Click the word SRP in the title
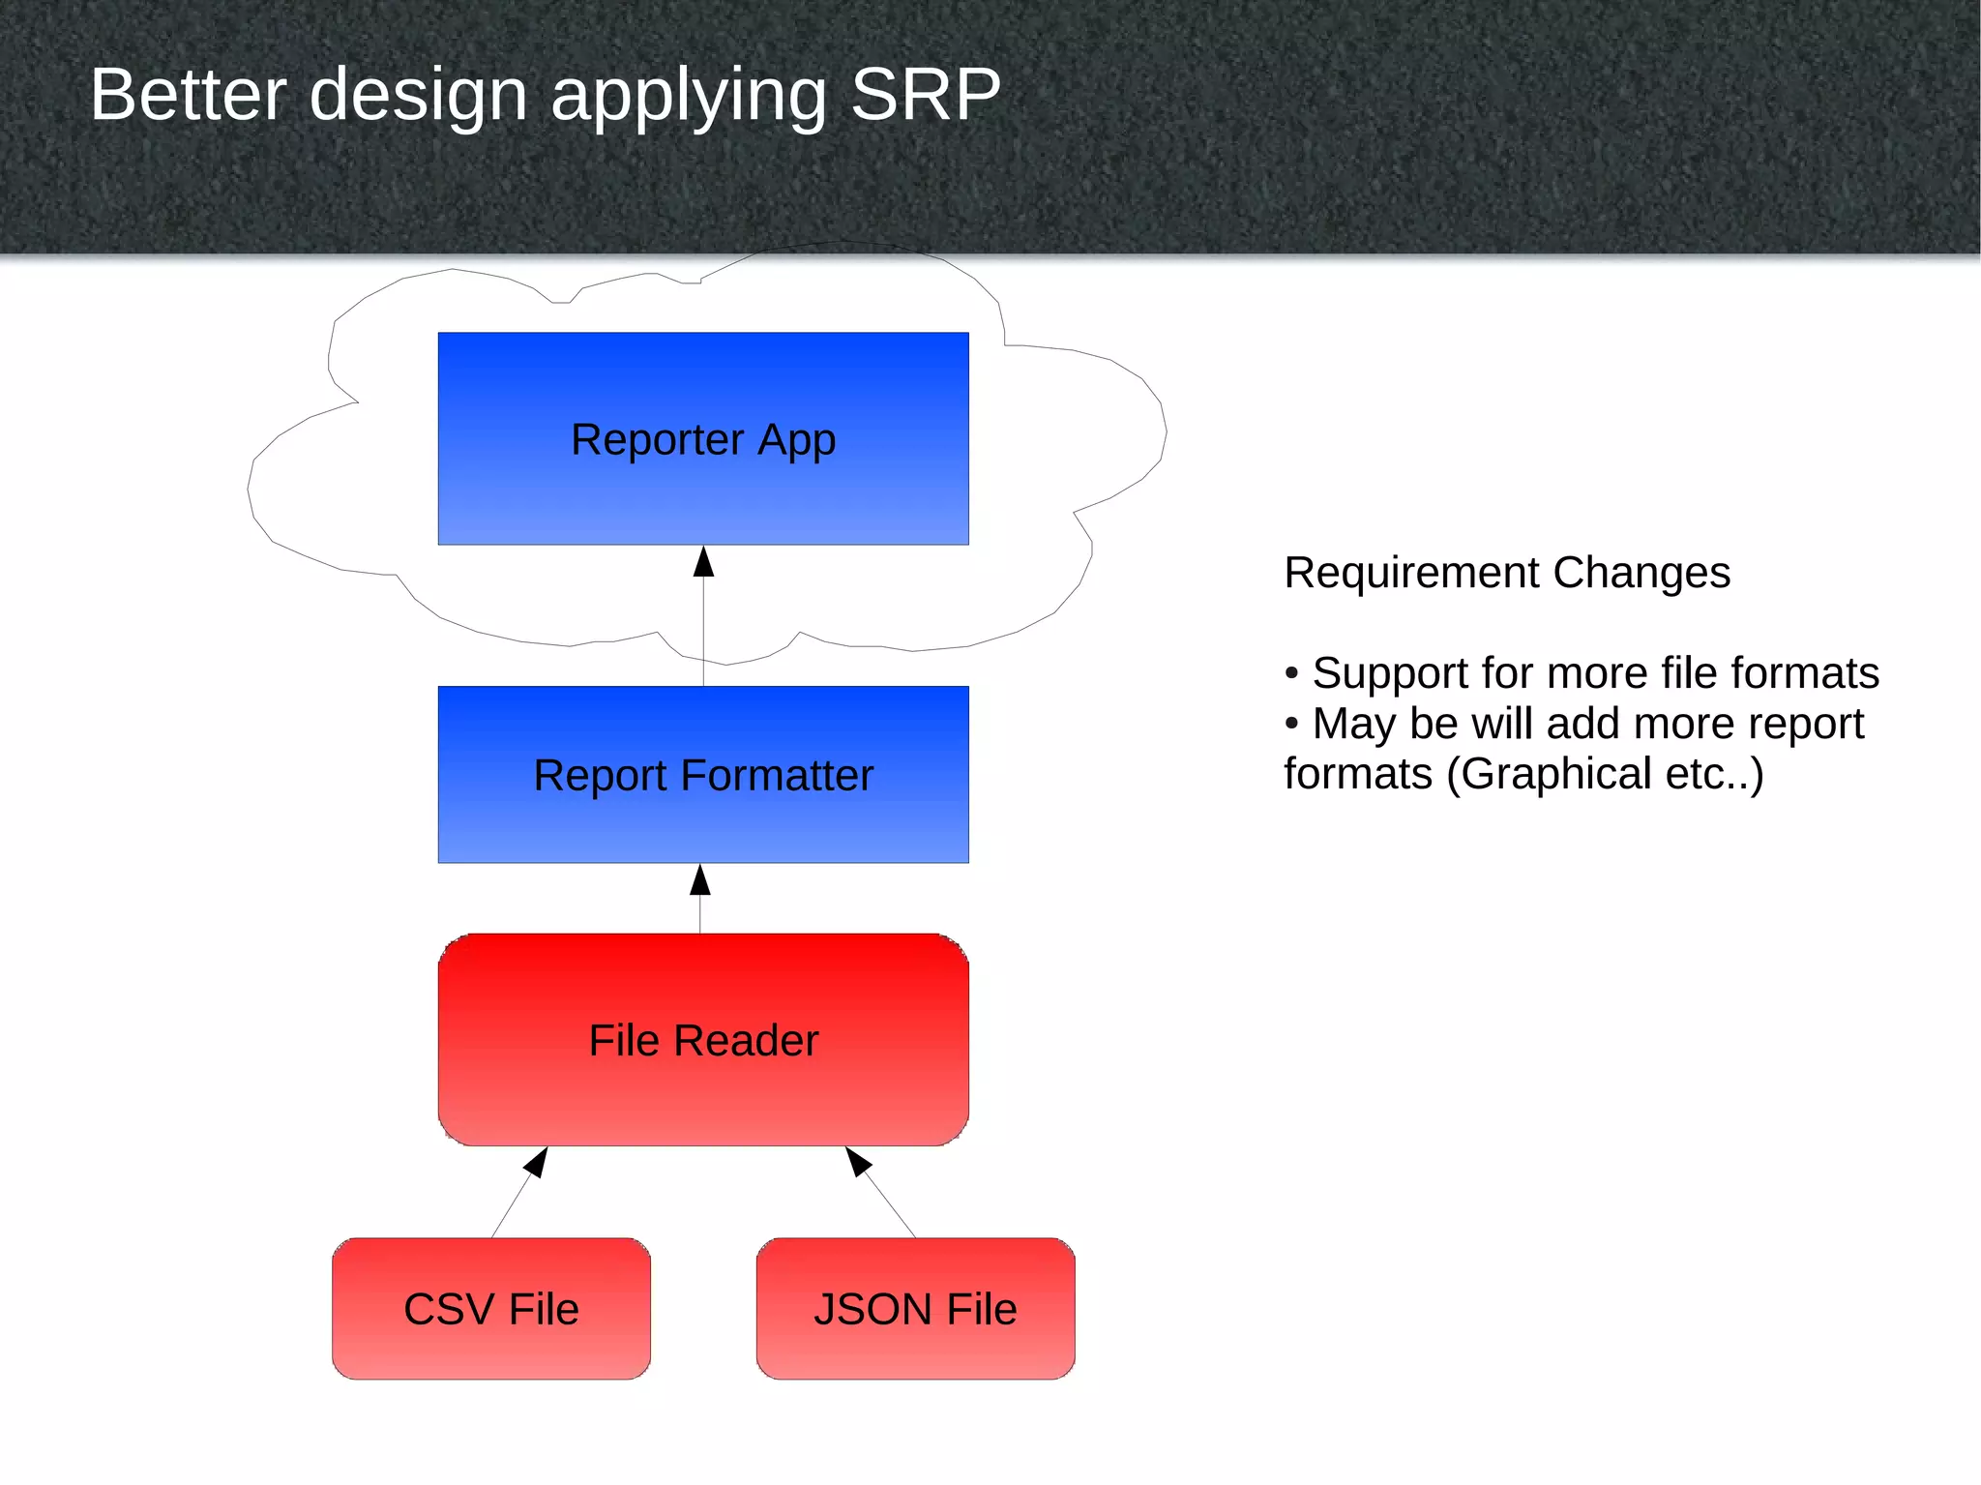[925, 95]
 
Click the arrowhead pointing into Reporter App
[703, 562]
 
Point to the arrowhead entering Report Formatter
[700, 879]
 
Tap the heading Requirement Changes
[1506, 573]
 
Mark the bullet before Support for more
[1291, 673]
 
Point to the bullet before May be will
[1291, 724]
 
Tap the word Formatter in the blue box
[776, 776]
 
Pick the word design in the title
[418, 95]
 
